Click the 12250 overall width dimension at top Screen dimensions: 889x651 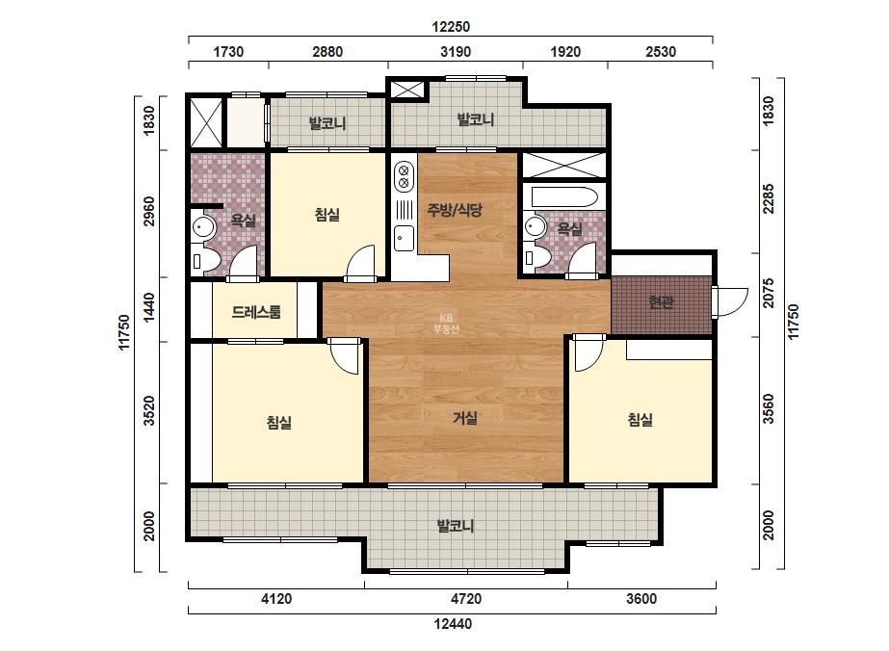point(451,27)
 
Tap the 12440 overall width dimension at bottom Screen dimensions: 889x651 point(453,624)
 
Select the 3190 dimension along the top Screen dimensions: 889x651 point(456,52)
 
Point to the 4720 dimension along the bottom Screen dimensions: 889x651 point(466,599)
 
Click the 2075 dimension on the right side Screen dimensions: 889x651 point(769,293)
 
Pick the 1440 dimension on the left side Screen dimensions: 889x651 point(148,307)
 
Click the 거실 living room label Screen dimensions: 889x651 point(465,418)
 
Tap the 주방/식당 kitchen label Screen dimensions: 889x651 point(455,210)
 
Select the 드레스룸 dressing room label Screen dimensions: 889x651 point(255,312)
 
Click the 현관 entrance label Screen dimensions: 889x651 point(661,302)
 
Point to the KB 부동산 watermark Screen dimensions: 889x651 point(446,324)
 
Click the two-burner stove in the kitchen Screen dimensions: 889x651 point(404,176)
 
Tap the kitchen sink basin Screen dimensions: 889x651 point(405,238)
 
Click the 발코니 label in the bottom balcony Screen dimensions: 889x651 point(455,526)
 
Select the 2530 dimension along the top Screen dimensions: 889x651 point(661,52)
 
